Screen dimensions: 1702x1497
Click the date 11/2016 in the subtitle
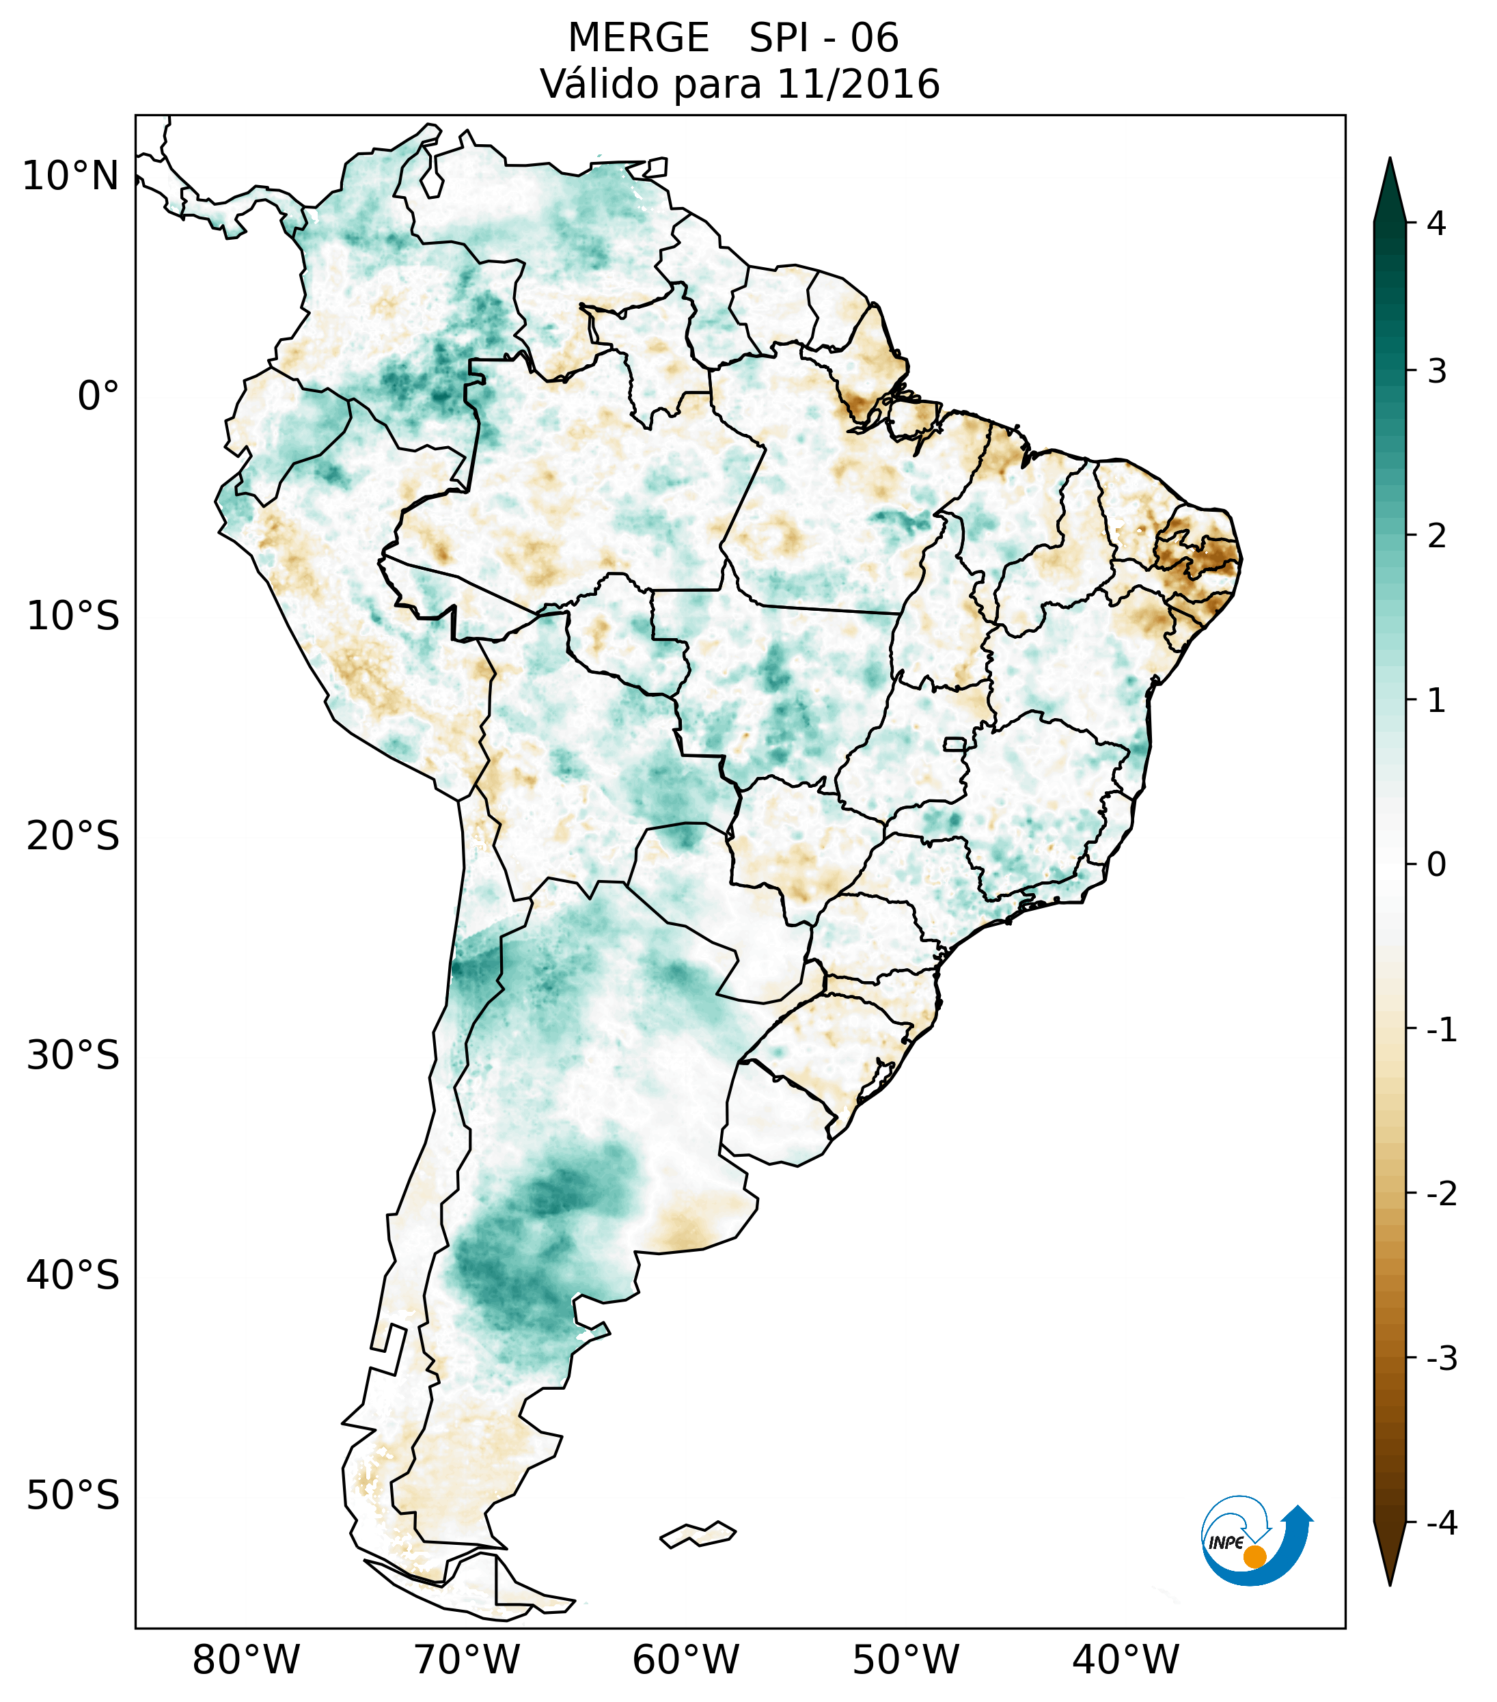[857, 84]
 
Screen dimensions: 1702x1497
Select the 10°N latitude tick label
[70, 176]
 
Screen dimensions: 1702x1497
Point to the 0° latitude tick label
[98, 396]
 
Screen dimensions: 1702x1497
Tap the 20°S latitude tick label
[73, 836]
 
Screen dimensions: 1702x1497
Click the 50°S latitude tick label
[73, 1496]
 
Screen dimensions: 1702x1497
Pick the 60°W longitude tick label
[685, 1660]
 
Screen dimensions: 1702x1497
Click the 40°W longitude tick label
[1126, 1660]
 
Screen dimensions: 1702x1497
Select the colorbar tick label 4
[1436, 223]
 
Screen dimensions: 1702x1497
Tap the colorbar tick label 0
[1436, 865]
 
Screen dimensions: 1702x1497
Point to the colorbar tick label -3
[1441, 1358]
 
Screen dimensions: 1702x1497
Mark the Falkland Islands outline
[698, 1534]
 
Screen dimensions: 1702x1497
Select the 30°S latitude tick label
[73, 1056]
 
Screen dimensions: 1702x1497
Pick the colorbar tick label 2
[1436, 536]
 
